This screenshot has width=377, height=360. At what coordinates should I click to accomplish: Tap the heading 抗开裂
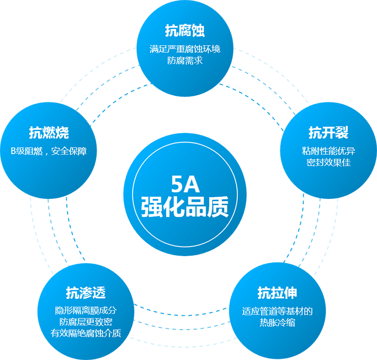(x=328, y=134)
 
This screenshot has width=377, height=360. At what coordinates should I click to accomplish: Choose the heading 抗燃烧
(x=49, y=134)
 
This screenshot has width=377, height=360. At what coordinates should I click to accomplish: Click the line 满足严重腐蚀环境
(x=185, y=50)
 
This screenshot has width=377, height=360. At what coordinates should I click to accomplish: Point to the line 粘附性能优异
(x=328, y=151)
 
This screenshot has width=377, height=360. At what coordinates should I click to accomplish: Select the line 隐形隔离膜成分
(x=86, y=310)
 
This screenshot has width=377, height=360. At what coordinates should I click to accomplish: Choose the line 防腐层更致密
(x=86, y=322)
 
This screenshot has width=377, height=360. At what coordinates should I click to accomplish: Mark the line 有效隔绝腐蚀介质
(x=86, y=333)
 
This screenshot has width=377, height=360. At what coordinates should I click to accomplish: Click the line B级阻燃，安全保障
(x=49, y=151)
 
